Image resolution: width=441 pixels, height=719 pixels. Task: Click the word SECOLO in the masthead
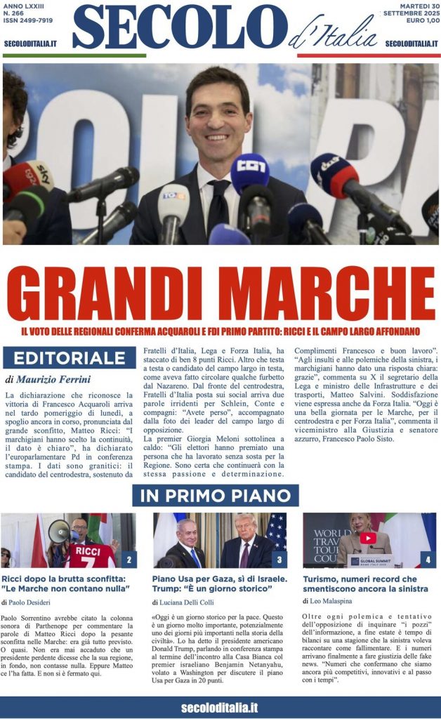179,27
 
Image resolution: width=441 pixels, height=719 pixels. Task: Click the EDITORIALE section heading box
69,357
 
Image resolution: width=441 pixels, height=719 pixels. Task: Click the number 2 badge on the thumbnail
129,560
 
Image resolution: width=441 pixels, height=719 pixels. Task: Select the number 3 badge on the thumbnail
279,560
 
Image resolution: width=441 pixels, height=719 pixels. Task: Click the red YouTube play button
368,538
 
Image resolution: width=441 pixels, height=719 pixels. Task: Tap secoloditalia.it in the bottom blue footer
220,706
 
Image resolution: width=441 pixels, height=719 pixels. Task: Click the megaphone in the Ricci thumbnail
58,531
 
